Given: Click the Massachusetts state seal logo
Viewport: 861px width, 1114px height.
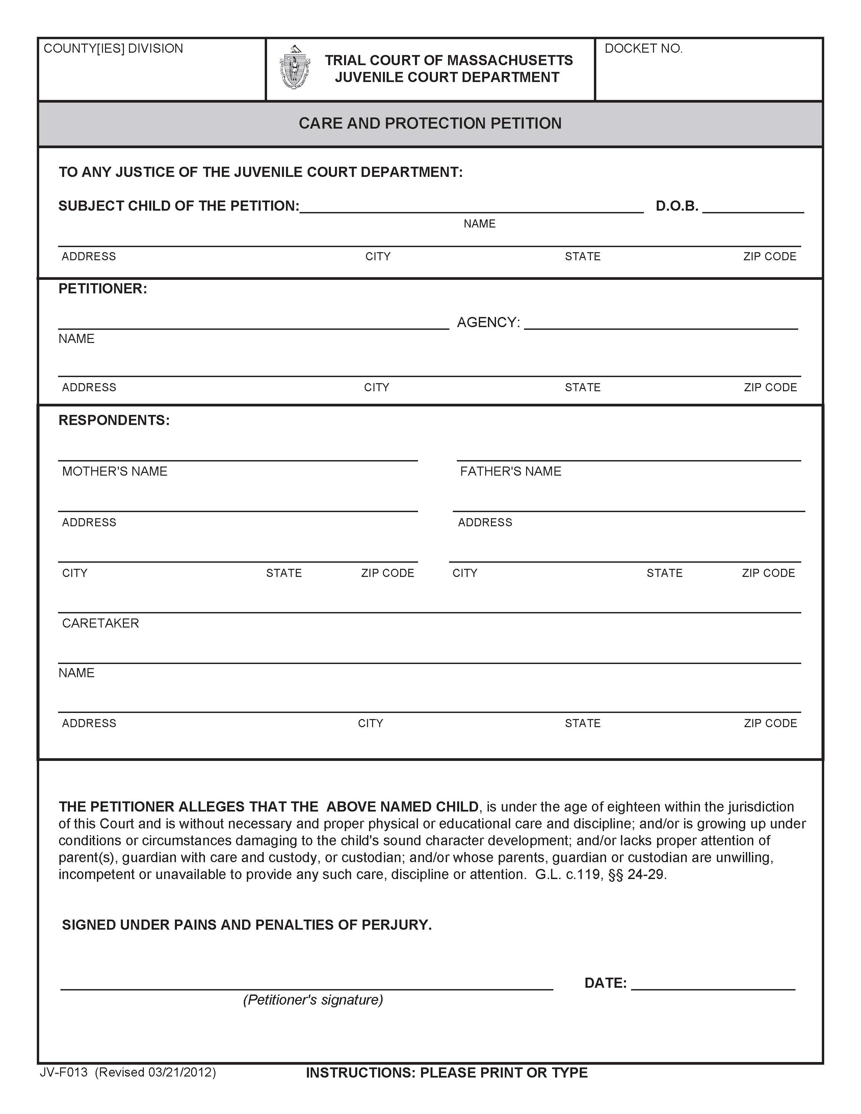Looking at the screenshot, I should pyautogui.click(x=294, y=68).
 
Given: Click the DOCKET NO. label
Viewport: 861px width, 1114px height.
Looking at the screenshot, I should pyautogui.click(x=643, y=49).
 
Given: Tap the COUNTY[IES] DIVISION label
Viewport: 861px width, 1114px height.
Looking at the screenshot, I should pyautogui.click(x=113, y=49).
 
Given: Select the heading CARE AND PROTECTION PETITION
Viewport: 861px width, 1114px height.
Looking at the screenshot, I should pyautogui.click(x=430, y=124).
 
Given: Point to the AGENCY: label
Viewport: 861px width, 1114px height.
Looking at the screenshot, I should pyautogui.click(x=488, y=322).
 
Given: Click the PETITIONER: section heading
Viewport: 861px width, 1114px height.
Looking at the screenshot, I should pyautogui.click(x=103, y=289).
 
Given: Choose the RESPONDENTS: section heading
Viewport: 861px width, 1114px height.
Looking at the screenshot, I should pyautogui.click(x=114, y=420).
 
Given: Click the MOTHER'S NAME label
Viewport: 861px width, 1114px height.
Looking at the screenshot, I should pyautogui.click(x=115, y=471).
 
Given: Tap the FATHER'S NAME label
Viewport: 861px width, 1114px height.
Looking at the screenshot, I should pyautogui.click(x=511, y=471).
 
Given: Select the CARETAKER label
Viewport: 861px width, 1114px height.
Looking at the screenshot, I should pyautogui.click(x=101, y=623).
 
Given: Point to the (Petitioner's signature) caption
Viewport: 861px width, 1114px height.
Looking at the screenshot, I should pyautogui.click(x=313, y=1000).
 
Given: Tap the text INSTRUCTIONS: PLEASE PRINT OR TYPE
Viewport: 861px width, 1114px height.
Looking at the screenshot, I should pyautogui.click(x=447, y=1073).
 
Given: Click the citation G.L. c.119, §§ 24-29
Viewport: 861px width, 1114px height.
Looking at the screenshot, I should pyautogui.click(x=600, y=874).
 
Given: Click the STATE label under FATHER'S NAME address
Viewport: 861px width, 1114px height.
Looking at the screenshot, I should pyautogui.click(x=664, y=573).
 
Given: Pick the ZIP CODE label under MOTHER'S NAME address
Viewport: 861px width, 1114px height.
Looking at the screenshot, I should pyautogui.click(x=388, y=573).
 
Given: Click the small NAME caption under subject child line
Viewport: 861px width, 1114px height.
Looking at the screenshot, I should pyautogui.click(x=479, y=224).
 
